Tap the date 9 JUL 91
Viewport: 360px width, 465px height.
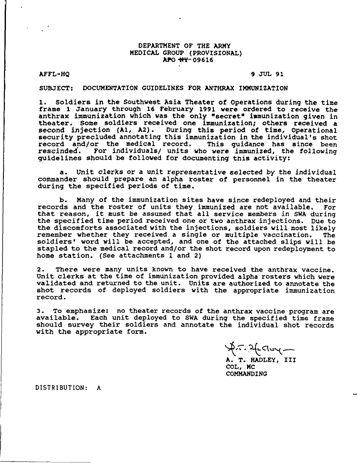pyautogui.click(x=267, y=74)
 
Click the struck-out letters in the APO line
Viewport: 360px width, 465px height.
pyautogui.click(x=182, y=60)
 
